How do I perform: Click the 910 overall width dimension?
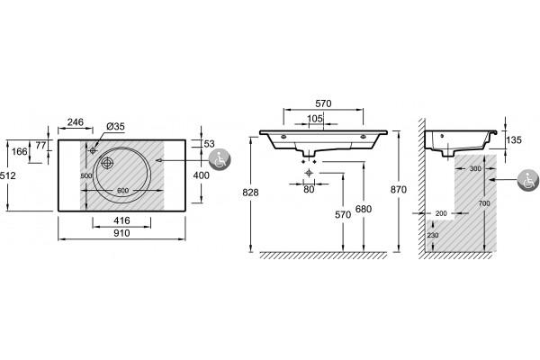121,233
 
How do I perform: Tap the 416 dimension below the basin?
121,220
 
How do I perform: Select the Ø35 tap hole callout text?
115,126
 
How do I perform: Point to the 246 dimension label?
76,122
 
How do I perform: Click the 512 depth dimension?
7,175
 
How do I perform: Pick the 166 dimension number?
19,151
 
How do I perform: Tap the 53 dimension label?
209,144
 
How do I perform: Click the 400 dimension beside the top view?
201,175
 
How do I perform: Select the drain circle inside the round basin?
107,163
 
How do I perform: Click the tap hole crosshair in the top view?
93,150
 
